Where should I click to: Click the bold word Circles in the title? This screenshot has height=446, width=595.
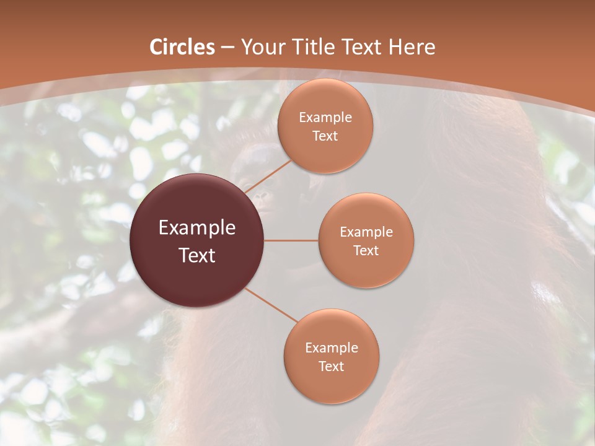[182, 47]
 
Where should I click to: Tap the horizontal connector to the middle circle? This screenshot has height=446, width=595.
[291, 240]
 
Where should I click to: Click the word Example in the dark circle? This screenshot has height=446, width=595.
[197, 228]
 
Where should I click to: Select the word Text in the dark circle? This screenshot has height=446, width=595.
[197, 255]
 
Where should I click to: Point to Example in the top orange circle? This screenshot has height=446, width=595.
[325, 118]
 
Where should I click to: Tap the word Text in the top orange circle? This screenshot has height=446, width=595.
[325, 136]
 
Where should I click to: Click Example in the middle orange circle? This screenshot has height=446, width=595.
[366, 232]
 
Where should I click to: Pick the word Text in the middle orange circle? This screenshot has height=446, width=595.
[366, 250]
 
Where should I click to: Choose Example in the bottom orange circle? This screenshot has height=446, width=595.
[332, 348]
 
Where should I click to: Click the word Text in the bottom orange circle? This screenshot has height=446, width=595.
[332, 366]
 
